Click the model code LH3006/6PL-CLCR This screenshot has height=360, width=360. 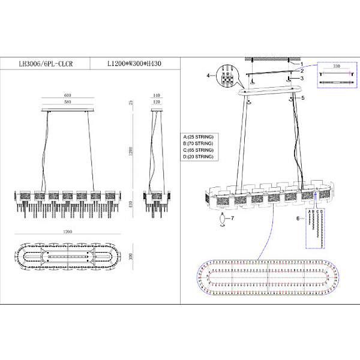[x=46, y=62]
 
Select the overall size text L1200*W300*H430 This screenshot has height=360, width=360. [x=134, y=62]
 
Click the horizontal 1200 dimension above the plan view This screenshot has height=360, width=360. [x=67, y=231]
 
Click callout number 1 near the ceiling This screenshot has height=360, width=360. [x=302, y=63]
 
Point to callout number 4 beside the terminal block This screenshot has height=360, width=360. [x=208, y=76]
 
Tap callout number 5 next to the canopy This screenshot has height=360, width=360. [x=303, y=97]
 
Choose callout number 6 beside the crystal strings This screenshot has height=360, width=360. [x=297, y=219]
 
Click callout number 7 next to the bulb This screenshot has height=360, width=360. [x=233, y=219]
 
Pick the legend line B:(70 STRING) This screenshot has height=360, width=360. [x=198, y=144]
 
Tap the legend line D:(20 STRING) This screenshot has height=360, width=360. [x=198, y=157]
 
